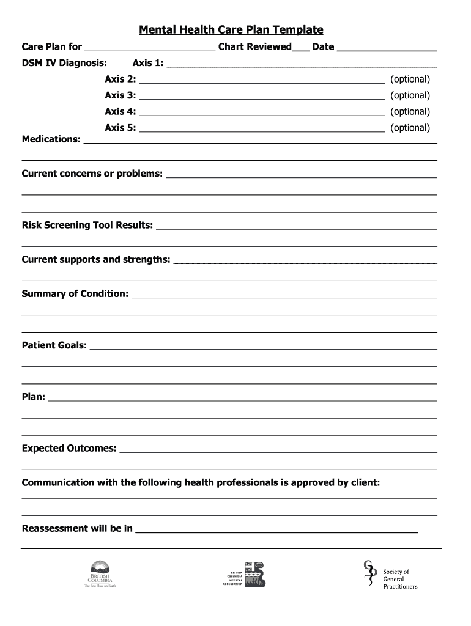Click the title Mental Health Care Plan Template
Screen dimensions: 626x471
tap(231, 30)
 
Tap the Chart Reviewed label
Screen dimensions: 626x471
tap(254, 47)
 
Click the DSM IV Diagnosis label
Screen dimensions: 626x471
tap(64, 63)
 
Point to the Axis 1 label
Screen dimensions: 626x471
tap(148, 63)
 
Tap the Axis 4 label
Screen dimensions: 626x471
tap(121, 111)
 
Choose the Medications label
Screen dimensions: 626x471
tap(51, 139)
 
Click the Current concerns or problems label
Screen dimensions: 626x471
tap(92, 174)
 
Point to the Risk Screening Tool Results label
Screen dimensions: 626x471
tap(87, 225)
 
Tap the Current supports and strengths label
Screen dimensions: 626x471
tap(96, 259)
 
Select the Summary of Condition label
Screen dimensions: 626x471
tap(75, 293)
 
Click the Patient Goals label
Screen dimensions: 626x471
tap(54, 345)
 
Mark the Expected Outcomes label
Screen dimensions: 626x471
tap(69, 448)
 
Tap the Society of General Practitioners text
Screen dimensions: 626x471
tap(400, 579)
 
